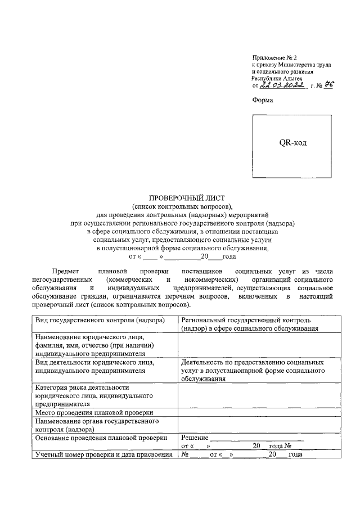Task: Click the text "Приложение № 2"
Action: pyautogui.click(x=273, y=57)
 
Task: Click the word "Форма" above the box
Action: pyautogui.click(x=262, y=100)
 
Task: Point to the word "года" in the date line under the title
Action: pyautogui.click(x=229, y=256)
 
